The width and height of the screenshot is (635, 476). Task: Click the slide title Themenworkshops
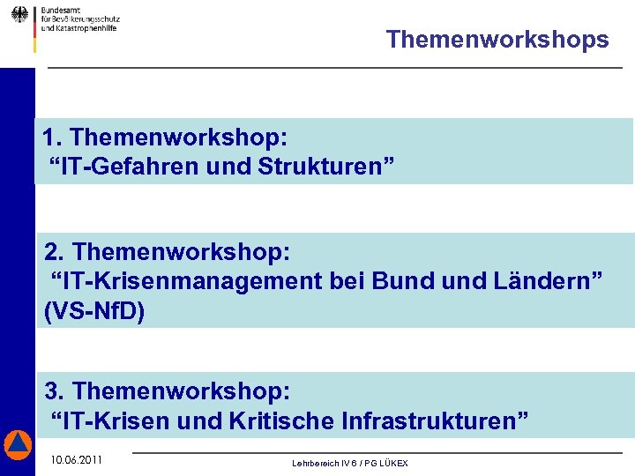497,40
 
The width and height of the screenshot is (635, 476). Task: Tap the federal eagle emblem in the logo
19,15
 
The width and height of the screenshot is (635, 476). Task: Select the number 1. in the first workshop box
52,138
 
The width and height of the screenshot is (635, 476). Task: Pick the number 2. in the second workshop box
55,252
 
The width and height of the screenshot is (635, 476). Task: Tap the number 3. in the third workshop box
55,390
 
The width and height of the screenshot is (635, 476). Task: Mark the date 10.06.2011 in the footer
77,460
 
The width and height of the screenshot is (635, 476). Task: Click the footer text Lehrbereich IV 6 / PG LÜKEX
350,464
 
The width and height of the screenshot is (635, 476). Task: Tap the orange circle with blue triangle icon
17,445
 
